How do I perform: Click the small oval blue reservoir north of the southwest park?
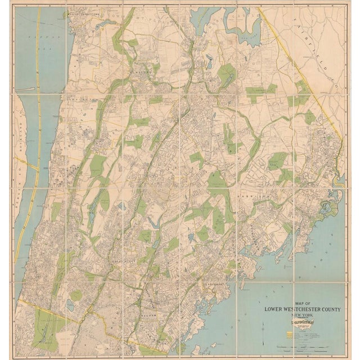pos(70,303)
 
